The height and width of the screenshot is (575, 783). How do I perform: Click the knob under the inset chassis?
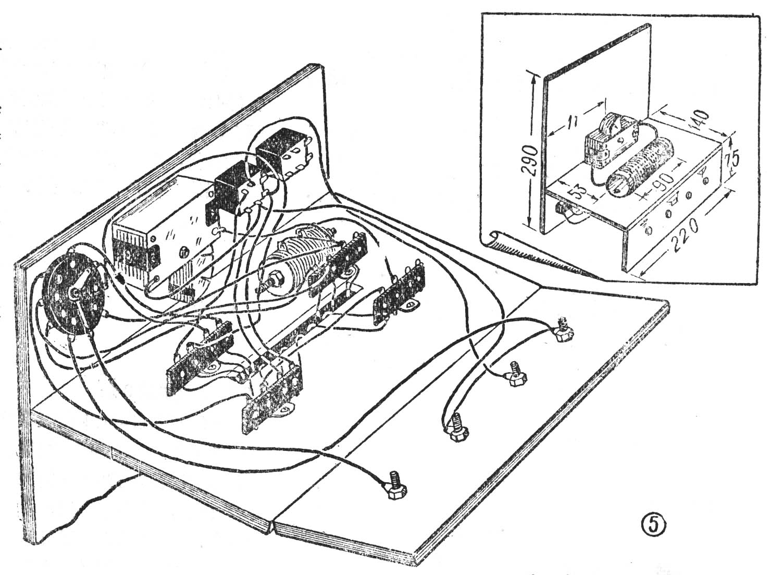tap(565, 212)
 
